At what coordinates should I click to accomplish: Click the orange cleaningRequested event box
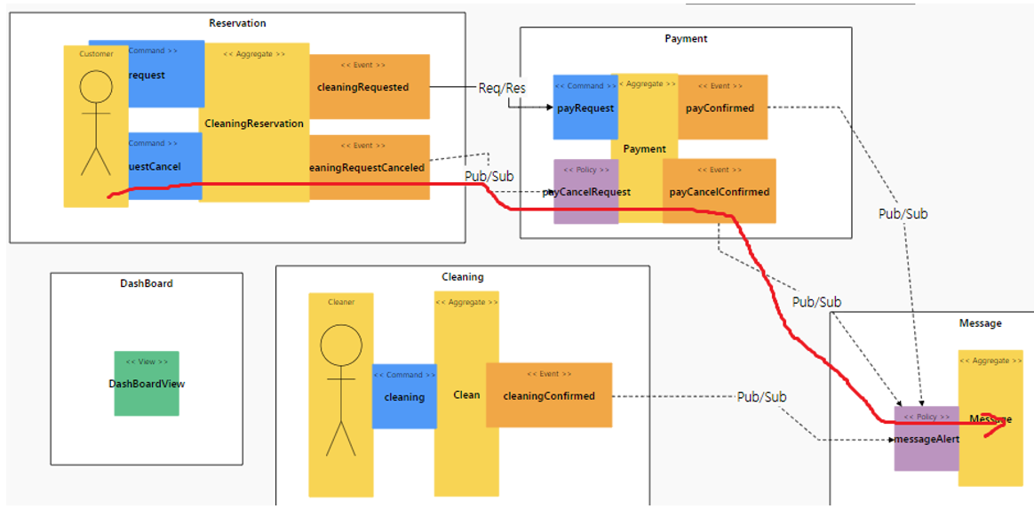(369, 86)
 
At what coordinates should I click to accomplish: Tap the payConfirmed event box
(721, 107)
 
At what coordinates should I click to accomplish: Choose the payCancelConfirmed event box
(720, 191)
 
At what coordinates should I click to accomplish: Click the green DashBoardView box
(147, 383)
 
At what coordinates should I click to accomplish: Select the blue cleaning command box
(404, 396)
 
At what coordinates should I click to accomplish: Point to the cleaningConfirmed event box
(549, 395)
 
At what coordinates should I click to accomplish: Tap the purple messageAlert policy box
(926, 438)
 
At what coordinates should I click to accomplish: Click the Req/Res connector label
(502, 88)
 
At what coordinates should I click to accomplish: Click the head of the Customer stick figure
(96, 87)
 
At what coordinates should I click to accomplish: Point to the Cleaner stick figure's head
(341, 346)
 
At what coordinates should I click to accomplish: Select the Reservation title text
(237, 23)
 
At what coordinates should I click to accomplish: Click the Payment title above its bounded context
(686, 38)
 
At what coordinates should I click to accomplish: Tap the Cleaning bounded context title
(463, 276)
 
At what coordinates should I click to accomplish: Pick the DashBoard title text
(147, 283)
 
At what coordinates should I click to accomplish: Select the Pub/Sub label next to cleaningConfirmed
(761, 396)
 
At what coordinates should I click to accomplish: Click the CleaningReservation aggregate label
(254, 123)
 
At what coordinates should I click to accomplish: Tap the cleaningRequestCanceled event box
(369, 167)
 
